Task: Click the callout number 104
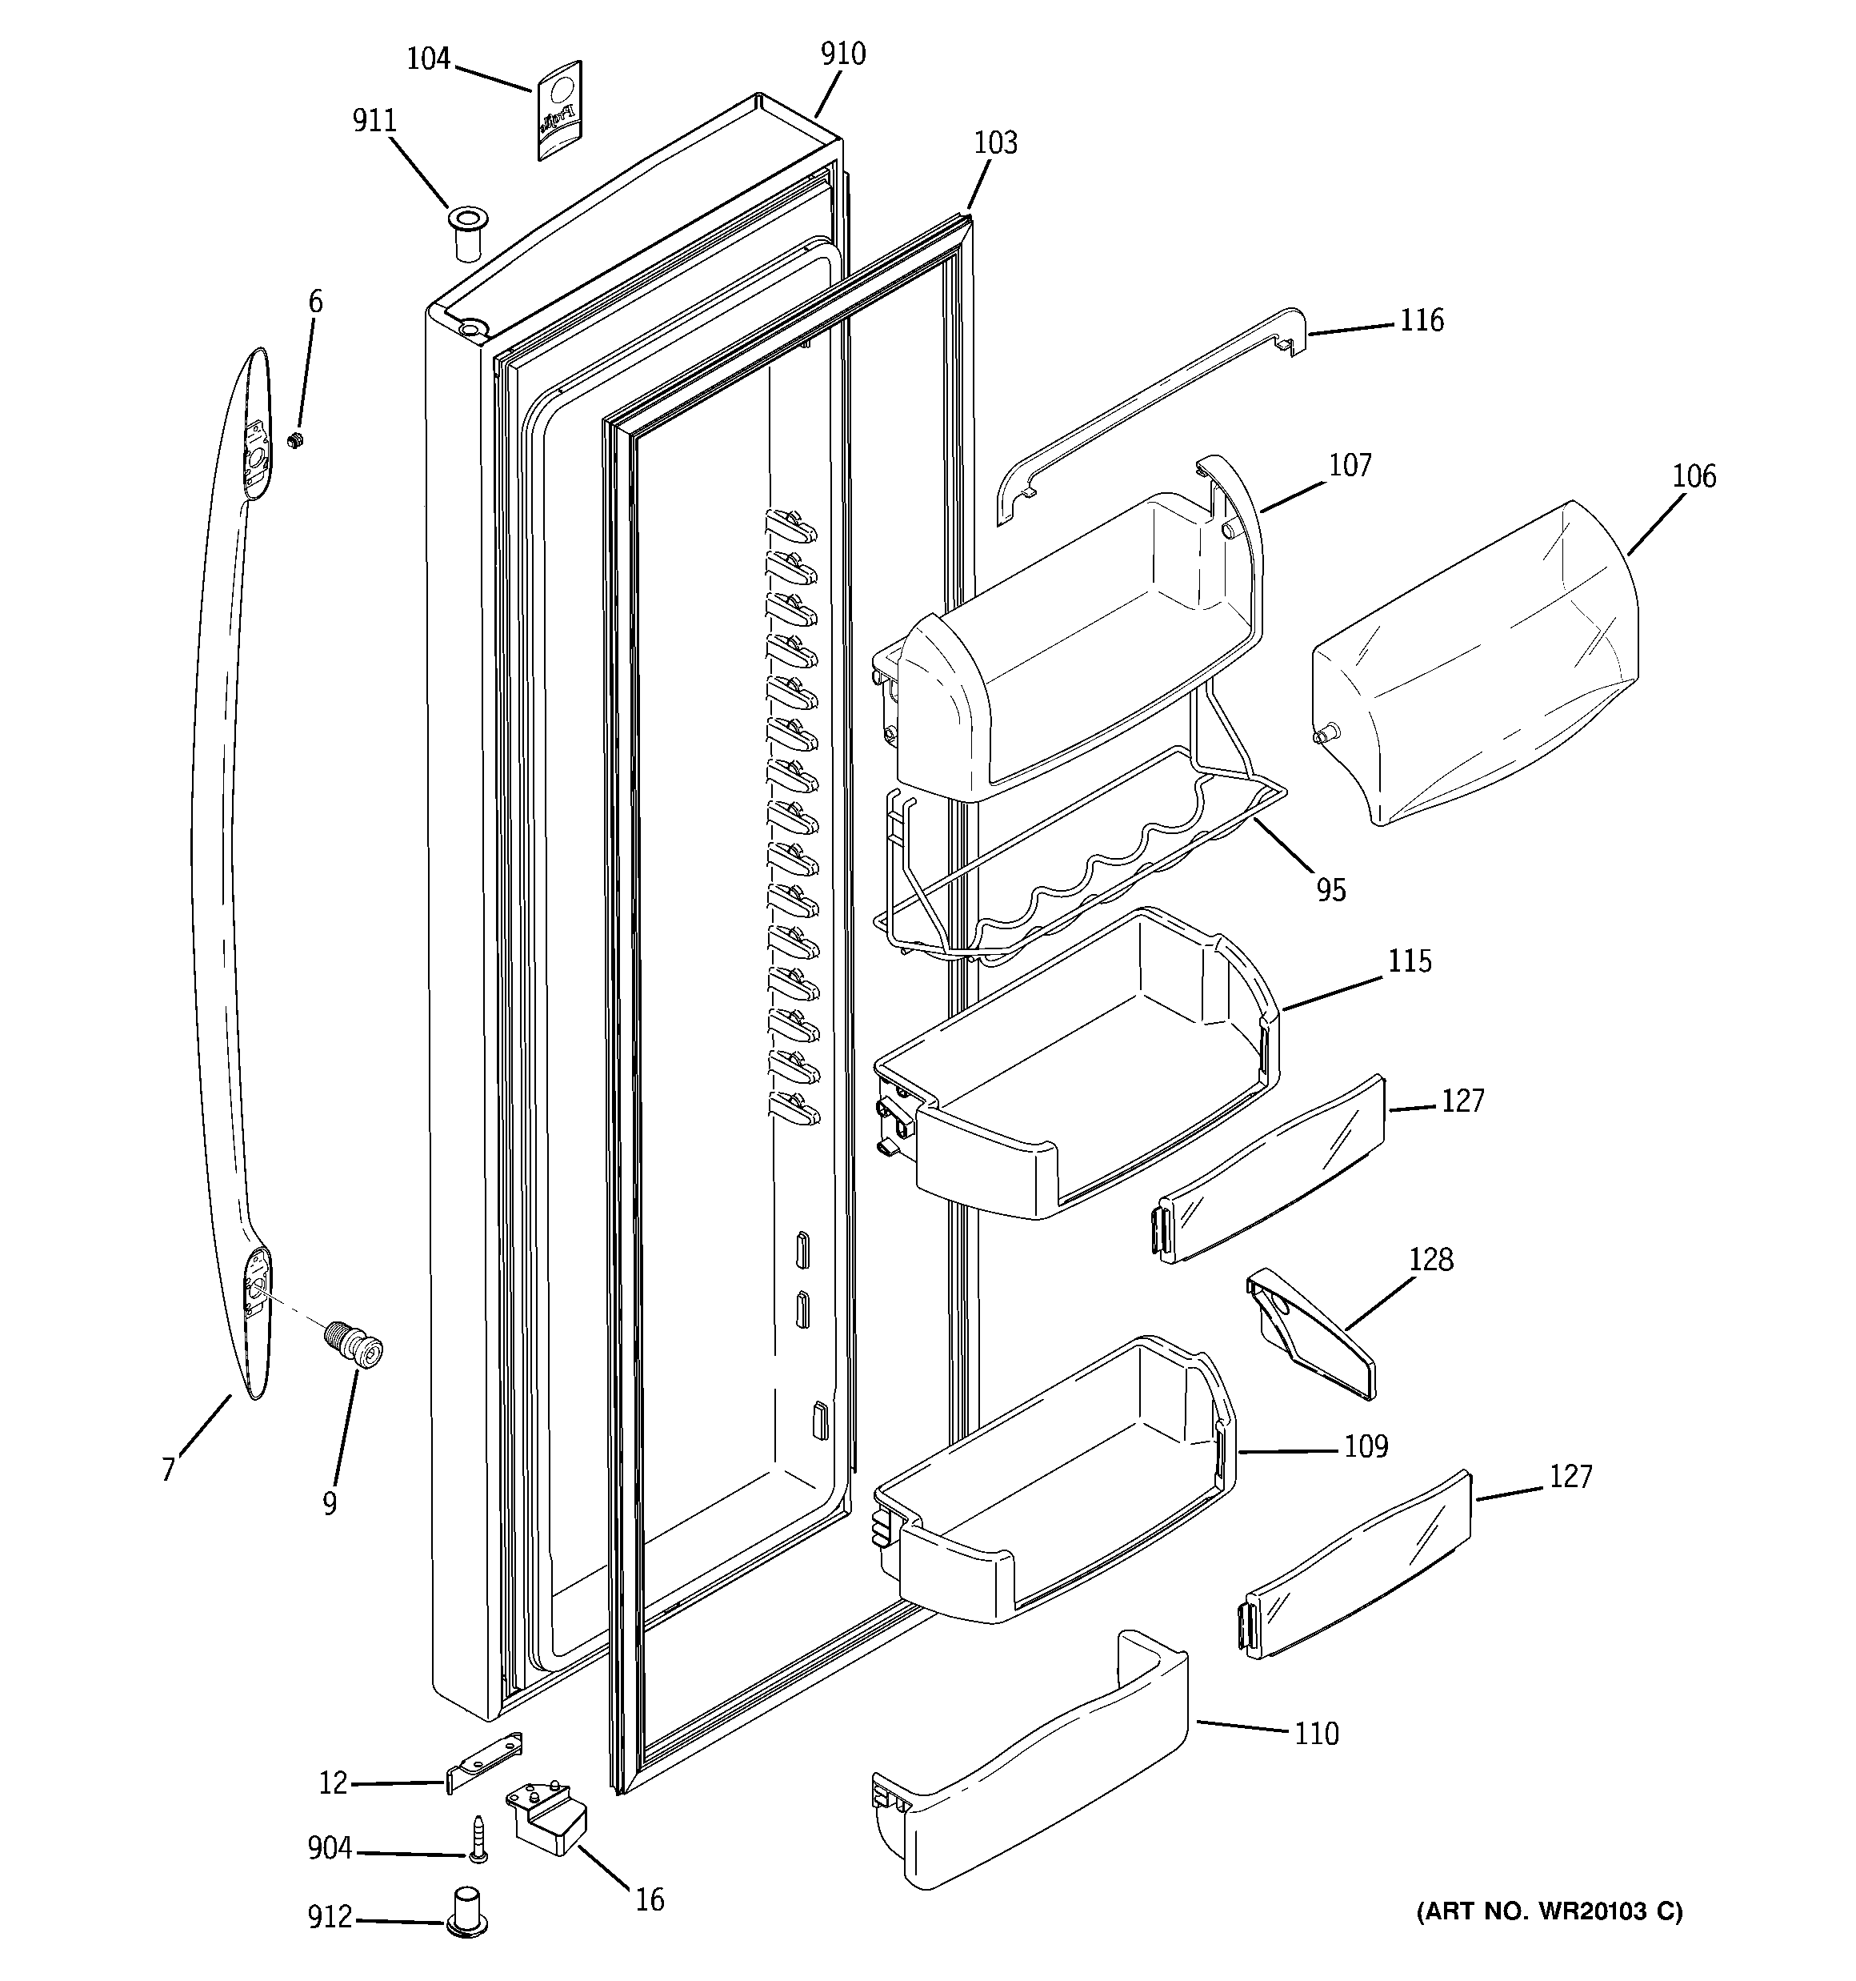click(428, 60)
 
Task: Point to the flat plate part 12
click(484, 1764)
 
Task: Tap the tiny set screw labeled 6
click(294, 439)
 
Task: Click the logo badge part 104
click(560, 110)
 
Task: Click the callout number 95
click(1331, 890)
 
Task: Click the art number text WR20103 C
click(1549, 1911)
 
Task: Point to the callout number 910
click(843, 54)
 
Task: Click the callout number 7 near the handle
click(168, 1470)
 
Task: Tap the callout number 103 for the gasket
click(995, 143)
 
